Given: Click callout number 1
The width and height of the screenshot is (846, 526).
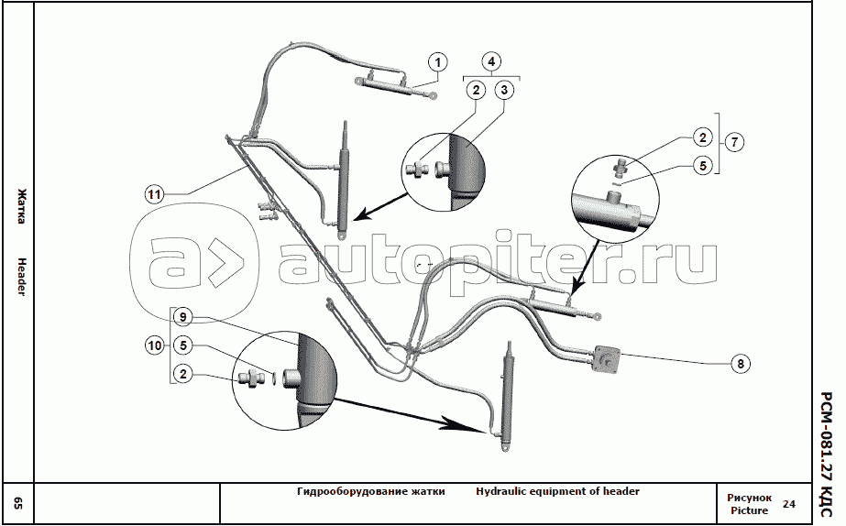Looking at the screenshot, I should (439, 62).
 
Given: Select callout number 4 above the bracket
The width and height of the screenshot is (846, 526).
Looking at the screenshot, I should (492, 62).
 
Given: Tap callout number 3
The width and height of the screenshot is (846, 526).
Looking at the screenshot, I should (504, 90).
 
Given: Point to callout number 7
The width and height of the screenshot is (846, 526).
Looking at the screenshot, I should (735, 142).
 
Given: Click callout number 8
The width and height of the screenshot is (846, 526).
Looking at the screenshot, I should (740, 363).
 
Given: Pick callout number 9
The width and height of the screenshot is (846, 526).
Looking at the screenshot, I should (183, 317).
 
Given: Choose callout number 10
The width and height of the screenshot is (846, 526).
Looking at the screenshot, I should (154, 345).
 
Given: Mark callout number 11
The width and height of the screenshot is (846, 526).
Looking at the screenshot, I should (154, 194).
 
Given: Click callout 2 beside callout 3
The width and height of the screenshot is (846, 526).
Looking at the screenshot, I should (475, 90).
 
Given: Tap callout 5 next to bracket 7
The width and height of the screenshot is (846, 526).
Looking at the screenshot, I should (701, 167).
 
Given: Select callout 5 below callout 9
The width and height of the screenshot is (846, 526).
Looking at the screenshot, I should (183, 345).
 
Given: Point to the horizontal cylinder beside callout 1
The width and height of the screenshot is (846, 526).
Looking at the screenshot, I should (385, 83).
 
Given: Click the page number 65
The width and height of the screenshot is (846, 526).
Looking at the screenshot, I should (18, 503).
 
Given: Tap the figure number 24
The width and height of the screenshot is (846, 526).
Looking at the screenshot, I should (789, 503).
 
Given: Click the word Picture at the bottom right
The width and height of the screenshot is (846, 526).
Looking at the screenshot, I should (749, 510).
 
